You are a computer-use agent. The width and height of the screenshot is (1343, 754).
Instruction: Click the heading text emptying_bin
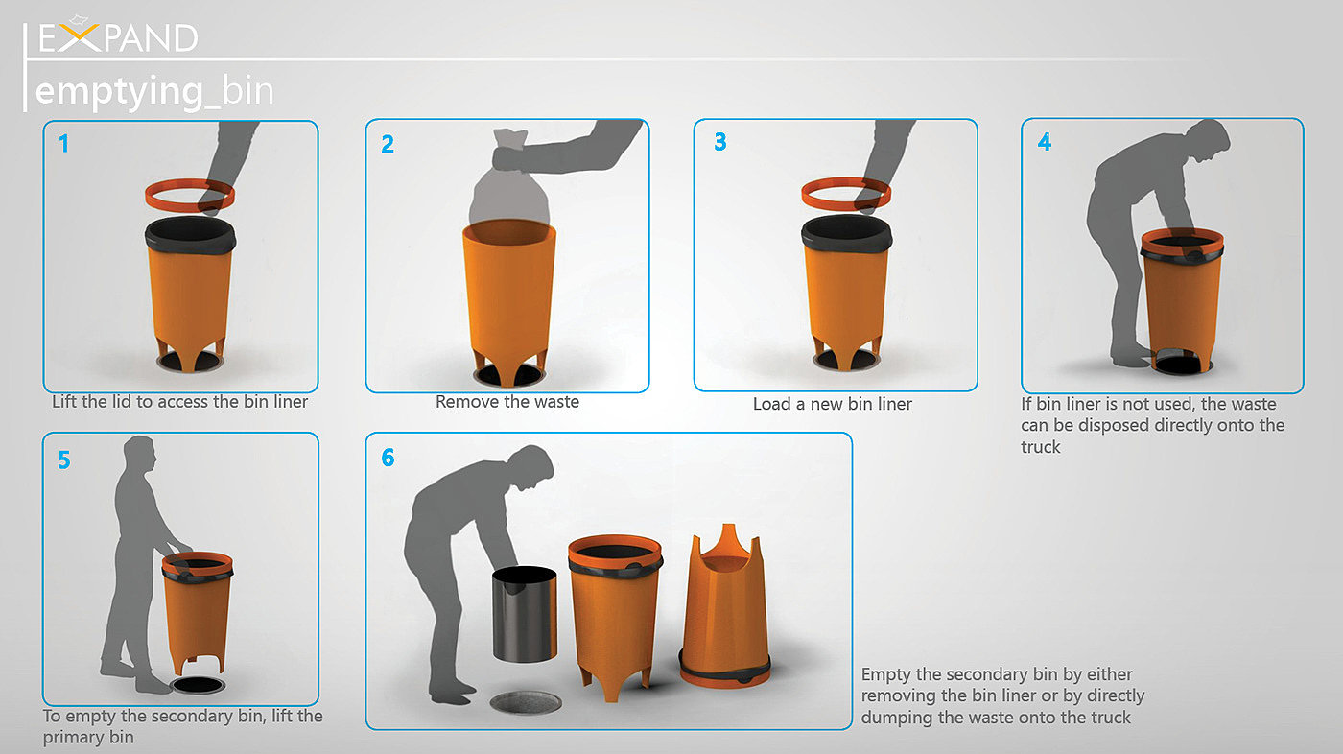pos(154,91)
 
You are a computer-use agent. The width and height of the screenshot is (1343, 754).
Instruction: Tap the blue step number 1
pos(63,144)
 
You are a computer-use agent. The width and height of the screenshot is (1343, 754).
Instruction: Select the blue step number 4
pos(1045,141)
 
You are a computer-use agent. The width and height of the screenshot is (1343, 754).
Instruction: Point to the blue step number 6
pos(388,458)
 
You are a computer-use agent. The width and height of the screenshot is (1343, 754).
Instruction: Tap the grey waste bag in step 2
pos(509,179)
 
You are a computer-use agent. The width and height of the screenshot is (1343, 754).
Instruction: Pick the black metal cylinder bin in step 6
pos(525,614)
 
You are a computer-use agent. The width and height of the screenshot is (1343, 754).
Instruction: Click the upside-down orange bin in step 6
pos(724,611)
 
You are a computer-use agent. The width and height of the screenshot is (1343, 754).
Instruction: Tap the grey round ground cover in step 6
pos(526,702)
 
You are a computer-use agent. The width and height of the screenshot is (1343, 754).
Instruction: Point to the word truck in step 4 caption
pos(1040,447)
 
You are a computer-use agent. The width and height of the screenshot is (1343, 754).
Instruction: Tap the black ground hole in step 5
pos(198,686)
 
